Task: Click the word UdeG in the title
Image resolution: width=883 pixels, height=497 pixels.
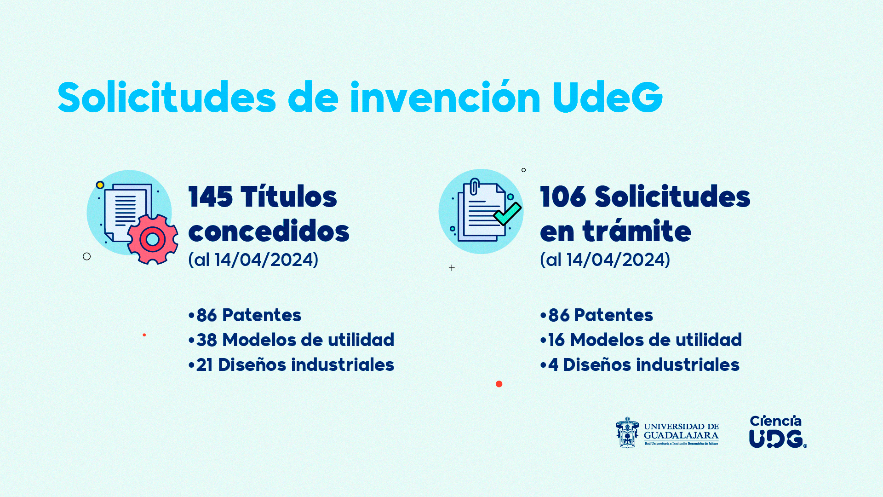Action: (607, 98)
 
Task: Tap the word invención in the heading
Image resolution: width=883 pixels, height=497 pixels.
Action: (445, 97)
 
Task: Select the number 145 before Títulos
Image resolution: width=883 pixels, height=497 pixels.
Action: (210, 197)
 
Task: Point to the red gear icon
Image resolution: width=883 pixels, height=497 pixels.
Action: (153, 239)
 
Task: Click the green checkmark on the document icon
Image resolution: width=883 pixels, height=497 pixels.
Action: (507, 214)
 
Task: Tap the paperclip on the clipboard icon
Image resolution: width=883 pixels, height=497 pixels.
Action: (475, 186)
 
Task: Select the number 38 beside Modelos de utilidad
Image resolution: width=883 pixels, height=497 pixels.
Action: (206, 340)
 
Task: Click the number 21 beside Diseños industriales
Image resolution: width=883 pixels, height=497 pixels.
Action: (204, 365)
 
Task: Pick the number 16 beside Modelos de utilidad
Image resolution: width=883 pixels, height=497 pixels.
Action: (556, 340)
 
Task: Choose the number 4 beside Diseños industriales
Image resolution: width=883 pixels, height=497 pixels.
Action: (553, 365)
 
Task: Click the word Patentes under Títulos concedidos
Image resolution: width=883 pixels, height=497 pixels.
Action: (262, 315)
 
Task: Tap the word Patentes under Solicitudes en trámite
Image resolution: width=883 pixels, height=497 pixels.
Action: (614, 315)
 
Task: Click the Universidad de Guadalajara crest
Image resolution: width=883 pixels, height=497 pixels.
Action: (627, 433)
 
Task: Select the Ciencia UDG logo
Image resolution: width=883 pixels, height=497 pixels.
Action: (778, 432)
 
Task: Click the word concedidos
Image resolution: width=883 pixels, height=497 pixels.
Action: (269, 231)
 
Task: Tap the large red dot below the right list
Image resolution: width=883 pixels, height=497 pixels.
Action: (499, 384)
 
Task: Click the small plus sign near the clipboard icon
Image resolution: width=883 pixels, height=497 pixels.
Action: (452, 268)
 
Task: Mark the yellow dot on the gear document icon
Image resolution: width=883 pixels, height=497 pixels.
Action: (100, 185)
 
